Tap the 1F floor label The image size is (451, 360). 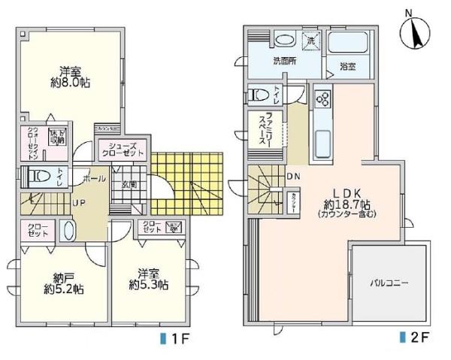pyautogui.click(x=177, y=338)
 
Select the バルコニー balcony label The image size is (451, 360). pyautogui.click(x=389, y=283)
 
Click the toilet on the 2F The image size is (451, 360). pyautogui.click(x=260, y=95)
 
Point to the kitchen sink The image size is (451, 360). pyautogui.click(x=321, y=141)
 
